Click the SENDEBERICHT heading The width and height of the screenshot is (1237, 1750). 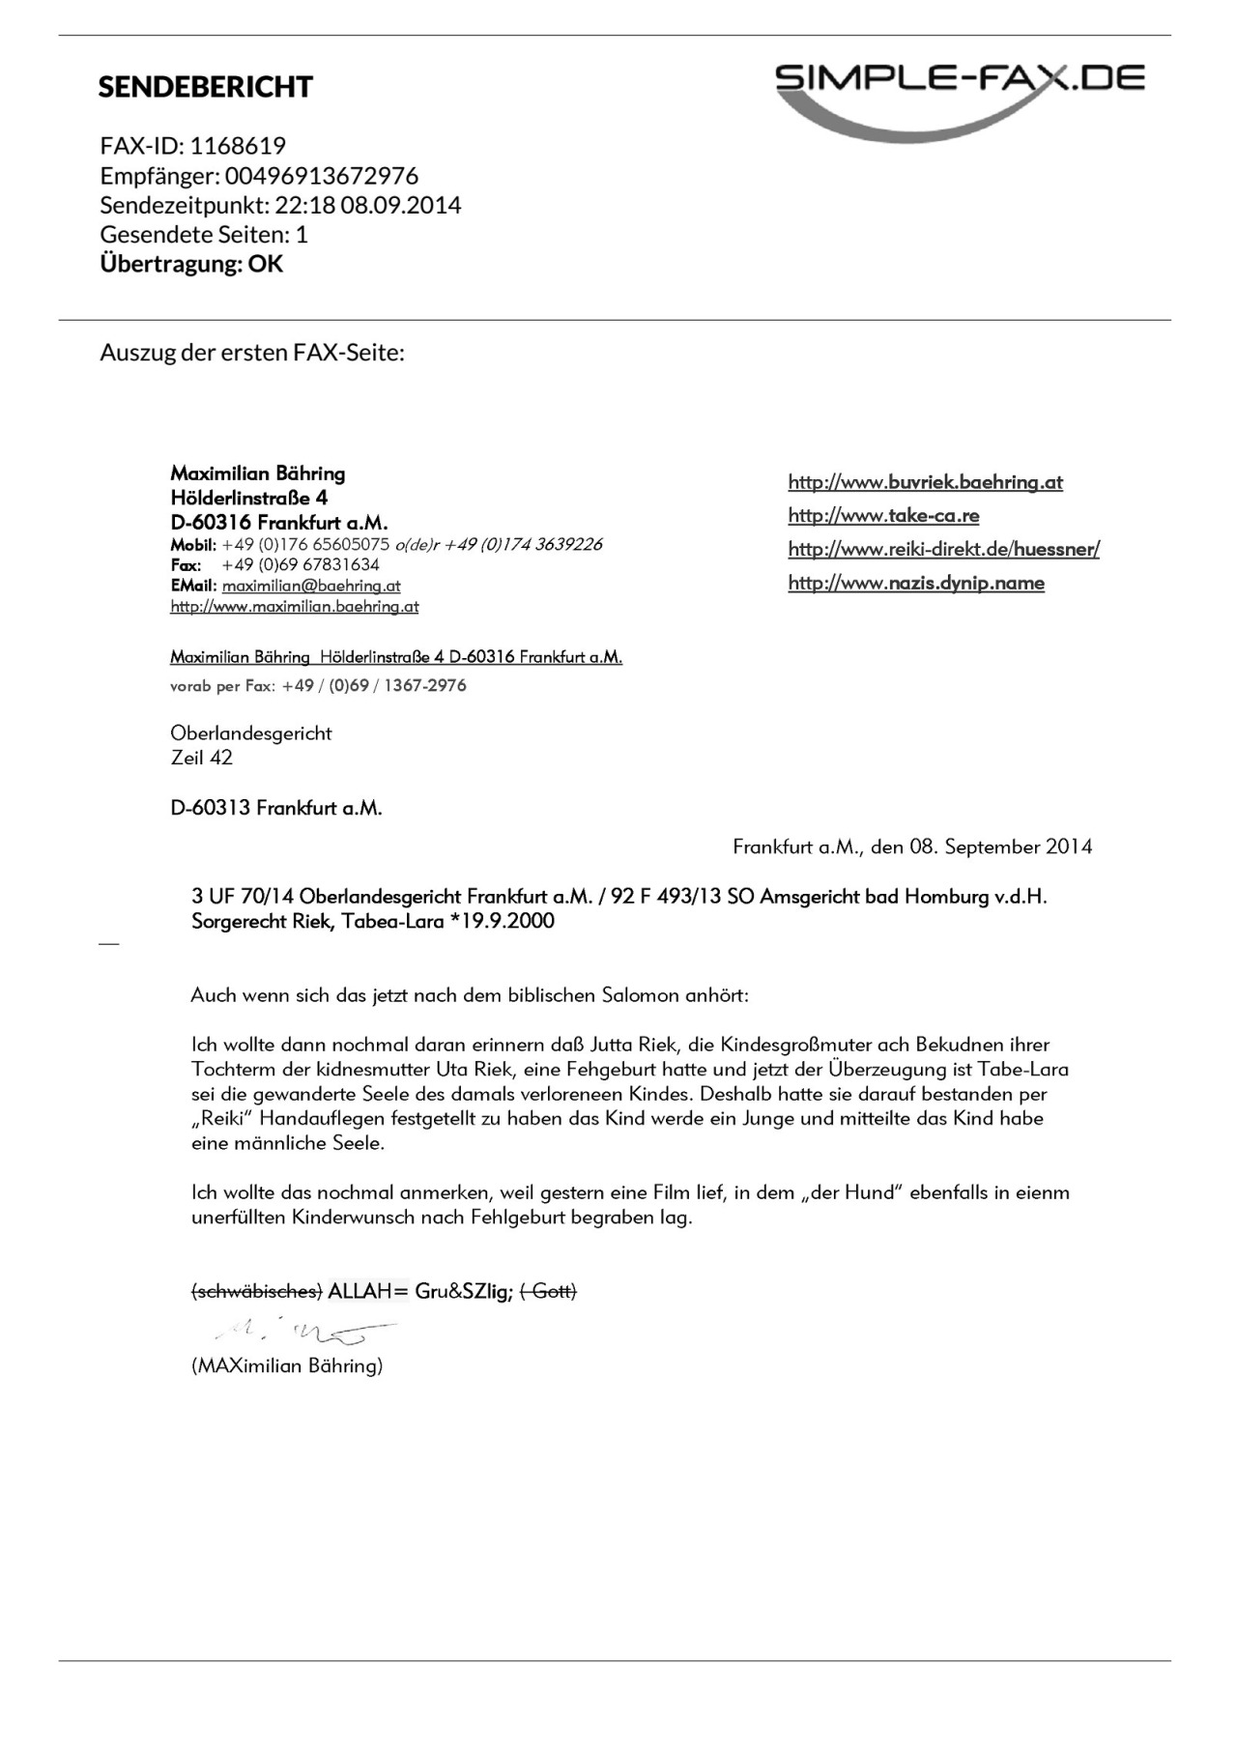point(205,87)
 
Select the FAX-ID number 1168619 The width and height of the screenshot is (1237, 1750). point(238,146)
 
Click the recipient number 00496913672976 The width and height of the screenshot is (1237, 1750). point(322,176)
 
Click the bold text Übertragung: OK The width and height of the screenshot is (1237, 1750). point(191,264)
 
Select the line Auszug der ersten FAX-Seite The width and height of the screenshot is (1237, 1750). point(252,352)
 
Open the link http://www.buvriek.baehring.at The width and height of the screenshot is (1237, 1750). point(925,482)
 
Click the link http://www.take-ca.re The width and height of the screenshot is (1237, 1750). point(883,515)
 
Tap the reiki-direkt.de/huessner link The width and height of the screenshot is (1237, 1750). point(943,549)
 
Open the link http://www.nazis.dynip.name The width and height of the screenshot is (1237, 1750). point(916,583)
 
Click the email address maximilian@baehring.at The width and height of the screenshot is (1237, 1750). point(311,586)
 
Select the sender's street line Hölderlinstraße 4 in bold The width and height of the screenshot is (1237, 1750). point(249,498)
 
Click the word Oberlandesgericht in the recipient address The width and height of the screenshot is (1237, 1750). point(251,732)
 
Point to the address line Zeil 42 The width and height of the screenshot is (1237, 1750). point(202,758)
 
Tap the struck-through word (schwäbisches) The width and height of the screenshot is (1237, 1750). point(256,1291)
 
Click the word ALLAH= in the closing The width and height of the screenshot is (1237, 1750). point(368,1291)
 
